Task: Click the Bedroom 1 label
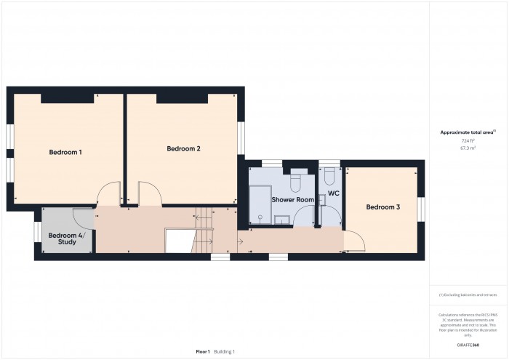click(65, 152)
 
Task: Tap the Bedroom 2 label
click(183, 148)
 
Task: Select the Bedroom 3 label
click(382, 207)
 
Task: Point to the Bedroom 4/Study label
click(66, 239)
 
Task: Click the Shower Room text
click(292, 199)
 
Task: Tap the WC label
click(334, 193)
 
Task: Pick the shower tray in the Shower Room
click(260, 203)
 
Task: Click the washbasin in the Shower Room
click(282, 218)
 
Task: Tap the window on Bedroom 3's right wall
click(420, 207)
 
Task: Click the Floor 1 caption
click(203, 351)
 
